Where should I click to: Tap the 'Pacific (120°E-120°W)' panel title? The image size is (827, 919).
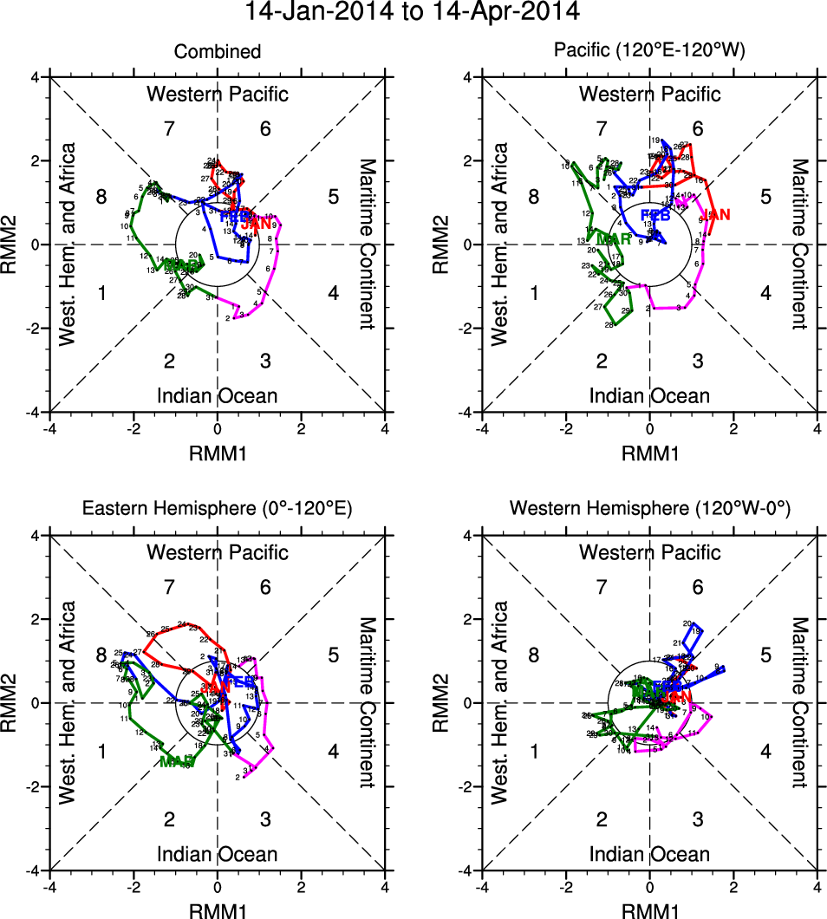(x=649, y=52)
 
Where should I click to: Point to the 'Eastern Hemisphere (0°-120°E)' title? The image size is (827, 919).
(x=217, y=510)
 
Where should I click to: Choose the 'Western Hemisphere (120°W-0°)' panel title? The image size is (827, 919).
(x=649, y=510)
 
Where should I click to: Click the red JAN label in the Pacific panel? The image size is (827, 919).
(x=717, y=214)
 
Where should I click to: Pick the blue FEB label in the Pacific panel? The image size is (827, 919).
(x=655, y=215)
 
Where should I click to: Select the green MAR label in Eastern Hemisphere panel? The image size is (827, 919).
(x=177, y=761)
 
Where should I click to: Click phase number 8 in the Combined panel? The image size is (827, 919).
(x=101, y=197)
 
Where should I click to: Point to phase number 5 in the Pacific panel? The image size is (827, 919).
(x=765, y=197)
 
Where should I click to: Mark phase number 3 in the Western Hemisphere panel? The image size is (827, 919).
(x=699, y=818)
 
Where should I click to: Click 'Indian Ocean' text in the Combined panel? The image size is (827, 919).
(x=217, y=396)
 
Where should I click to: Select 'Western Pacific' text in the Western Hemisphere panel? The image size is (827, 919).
(x=649, y=552)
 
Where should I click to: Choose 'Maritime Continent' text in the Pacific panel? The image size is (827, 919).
(x=798, y=244)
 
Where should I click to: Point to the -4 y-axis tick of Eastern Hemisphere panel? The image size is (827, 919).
(x=36, y=870)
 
